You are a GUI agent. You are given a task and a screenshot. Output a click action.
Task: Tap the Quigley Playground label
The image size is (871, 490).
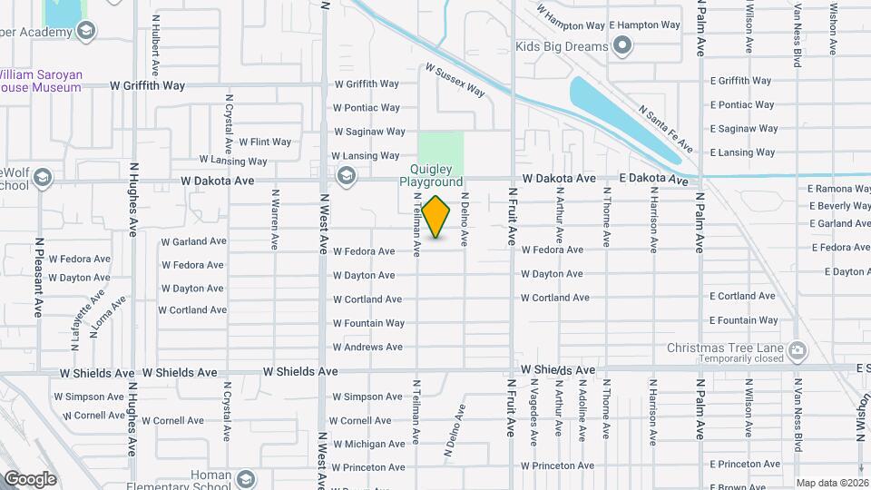coord(432,175)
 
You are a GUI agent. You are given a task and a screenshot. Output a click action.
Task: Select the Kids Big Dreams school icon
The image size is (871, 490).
coord(622,45)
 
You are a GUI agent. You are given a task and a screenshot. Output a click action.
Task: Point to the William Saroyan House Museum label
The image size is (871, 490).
coord(40,80)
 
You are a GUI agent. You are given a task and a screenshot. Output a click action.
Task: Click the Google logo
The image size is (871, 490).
coord(30,478)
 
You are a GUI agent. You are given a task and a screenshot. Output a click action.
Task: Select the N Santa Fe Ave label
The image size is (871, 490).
coord(665,128)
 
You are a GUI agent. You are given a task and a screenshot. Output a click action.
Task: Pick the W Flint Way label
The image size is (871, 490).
coord(265,142)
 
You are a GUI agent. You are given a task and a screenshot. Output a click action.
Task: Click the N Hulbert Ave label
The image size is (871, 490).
coord(155,44)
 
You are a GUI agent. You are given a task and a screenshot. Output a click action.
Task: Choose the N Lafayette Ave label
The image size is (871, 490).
coord(93,309)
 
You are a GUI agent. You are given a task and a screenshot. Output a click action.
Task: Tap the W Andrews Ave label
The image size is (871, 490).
coord(367,347)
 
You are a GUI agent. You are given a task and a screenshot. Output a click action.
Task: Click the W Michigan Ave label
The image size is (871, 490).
coord(368,445)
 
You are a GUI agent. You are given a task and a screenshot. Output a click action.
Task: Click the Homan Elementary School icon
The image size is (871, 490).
coord(244,478)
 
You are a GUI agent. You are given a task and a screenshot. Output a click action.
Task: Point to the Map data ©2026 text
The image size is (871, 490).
coord(832,483)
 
